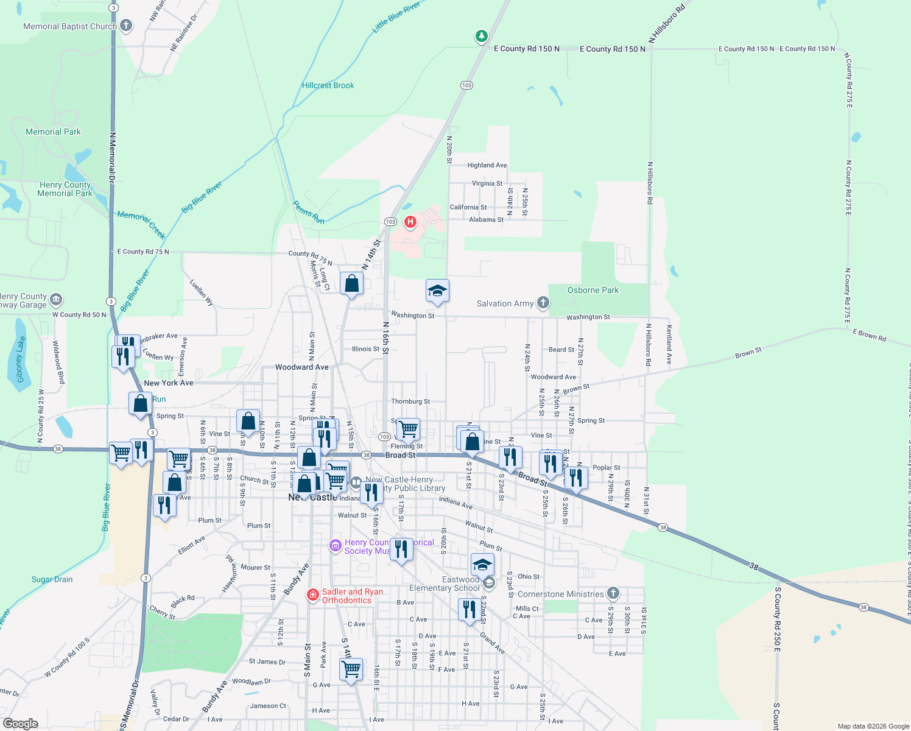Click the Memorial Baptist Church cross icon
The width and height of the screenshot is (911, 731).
click(x=126, y=26)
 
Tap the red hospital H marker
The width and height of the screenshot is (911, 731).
click(x=410, y=222)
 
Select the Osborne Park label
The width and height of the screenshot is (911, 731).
click(x=593, y=290)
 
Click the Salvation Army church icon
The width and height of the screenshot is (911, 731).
click(x=543, y=303)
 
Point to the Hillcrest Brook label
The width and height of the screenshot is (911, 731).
click(x=328, y=85)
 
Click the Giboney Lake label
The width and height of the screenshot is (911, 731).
click(x=21, y=359)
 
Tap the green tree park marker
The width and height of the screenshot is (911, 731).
click(x=482, y=37)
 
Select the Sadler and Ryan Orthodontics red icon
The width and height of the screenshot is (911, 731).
click(x=312, y=595)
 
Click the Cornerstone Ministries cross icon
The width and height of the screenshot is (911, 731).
click(x=613, y=593)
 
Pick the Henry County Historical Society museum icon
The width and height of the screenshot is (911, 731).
click(x=335, y=545)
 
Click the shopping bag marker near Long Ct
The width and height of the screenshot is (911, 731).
click(x=351, y=284)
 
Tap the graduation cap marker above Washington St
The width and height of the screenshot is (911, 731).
click(x=437, y=291)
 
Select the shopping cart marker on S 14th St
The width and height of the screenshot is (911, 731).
click(x=351, y=669)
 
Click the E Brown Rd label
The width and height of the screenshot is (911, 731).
click(x=869, y=335)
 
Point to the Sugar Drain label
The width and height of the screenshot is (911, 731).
click(x=52, y=579)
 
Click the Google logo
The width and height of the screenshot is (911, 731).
click(x=20, y=723)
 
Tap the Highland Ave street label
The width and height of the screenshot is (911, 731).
click(x=487, y=165)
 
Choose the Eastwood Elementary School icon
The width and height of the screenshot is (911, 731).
click(x=488, y=584)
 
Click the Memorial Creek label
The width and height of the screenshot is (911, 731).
click(x=141, y=224)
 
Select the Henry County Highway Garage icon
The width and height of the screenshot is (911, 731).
click(x=56, y=299)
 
